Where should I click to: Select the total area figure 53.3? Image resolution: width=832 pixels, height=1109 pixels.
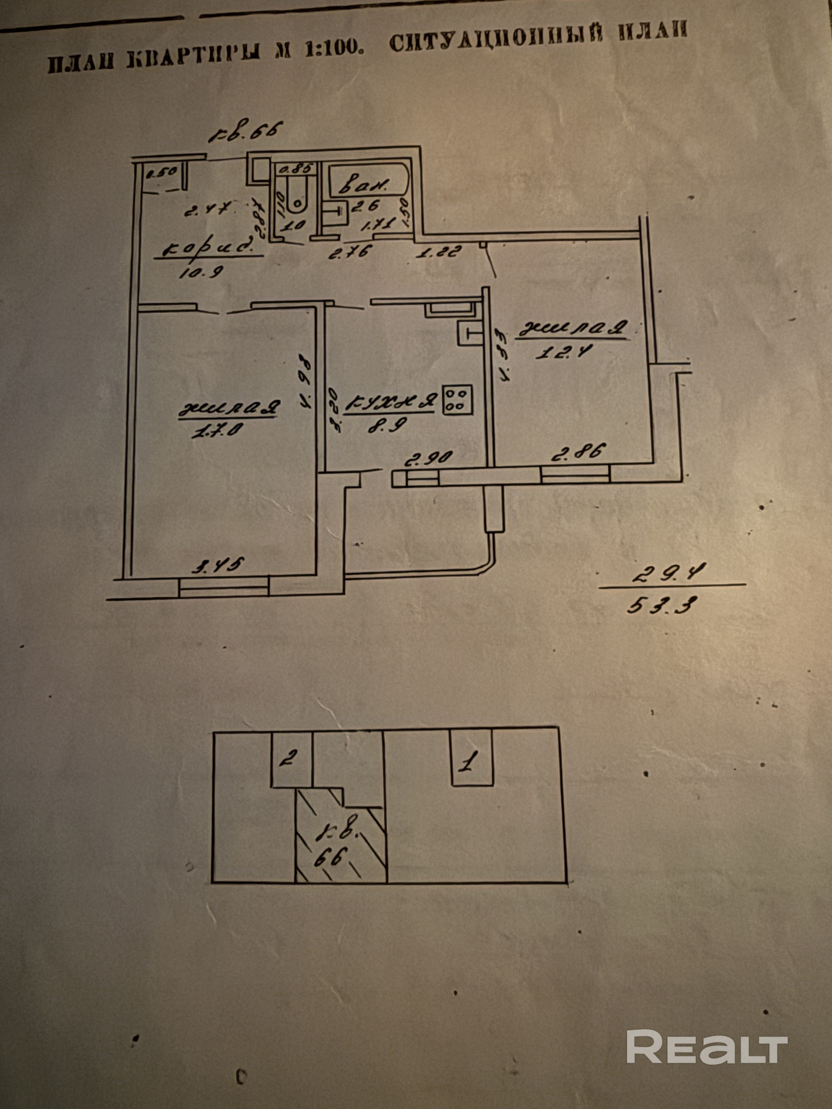tap(662, 607)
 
